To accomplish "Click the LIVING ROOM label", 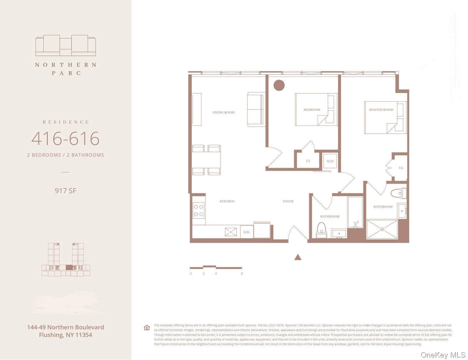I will click(x=223, y=112).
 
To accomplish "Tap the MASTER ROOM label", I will click(x=381, y=110).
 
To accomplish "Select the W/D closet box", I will click(x=330, y=161).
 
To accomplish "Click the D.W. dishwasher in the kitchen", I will click(x=247, y=232).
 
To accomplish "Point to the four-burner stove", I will click(x=199, y=210).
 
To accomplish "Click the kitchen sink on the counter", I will click(x=231, y=232).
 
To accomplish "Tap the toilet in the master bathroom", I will click(x=398, y=193).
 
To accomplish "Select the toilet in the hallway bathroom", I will click(x=322, y=230).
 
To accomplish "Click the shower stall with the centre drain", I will click(x=382, y=229).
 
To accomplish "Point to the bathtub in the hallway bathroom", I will click(x=355, y=212).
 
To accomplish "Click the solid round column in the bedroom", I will click(x=279, y=85).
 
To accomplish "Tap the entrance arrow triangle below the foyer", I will click(x=298, y=257).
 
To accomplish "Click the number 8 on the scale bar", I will click(x=242, y=274).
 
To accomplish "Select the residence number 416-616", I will click(x=65, y=138).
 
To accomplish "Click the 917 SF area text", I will click(x=65, y=191).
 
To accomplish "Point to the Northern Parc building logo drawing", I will click(x=65, y=46).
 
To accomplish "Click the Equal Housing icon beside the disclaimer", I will click(x=147, y=328).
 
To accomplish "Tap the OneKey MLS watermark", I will click(x=443, y=355).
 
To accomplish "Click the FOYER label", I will click(x=288, y=201).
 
